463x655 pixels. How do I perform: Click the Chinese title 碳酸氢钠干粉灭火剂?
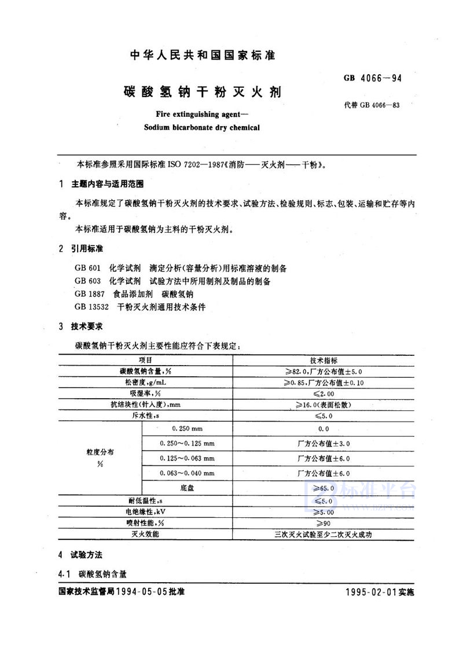(203, 91)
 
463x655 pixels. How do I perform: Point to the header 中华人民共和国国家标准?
(202, 56)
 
